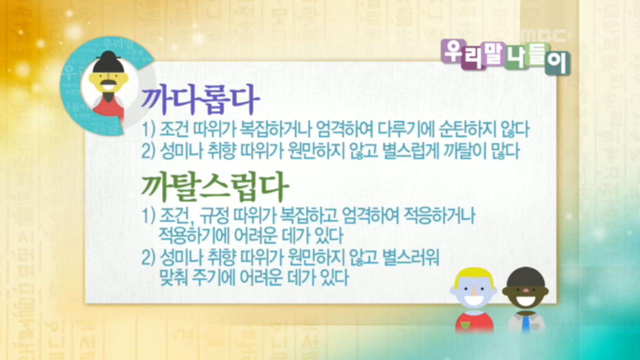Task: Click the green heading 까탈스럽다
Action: pyautogui.click(x=215, y=187)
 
